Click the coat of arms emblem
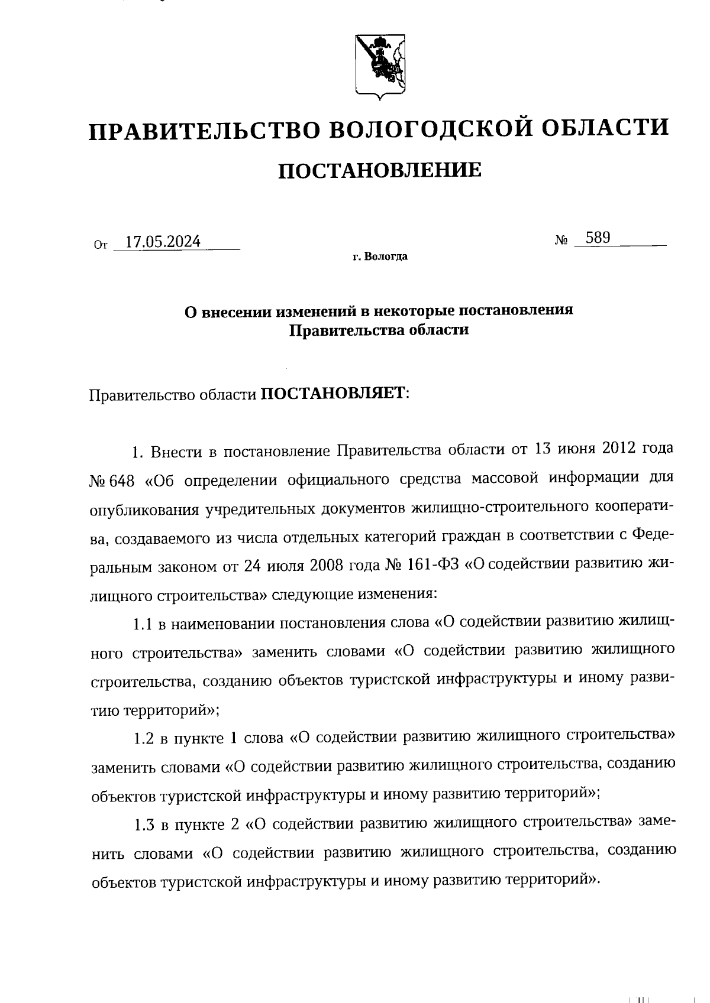pos(380,65)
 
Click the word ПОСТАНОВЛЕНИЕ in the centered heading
pos(380,170)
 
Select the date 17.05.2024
pos(163,242)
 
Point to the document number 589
pos(597,238)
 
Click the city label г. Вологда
pos(380,257)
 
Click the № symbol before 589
pos(562,241)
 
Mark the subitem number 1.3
pos(144,825)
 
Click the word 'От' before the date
pos(101,244)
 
